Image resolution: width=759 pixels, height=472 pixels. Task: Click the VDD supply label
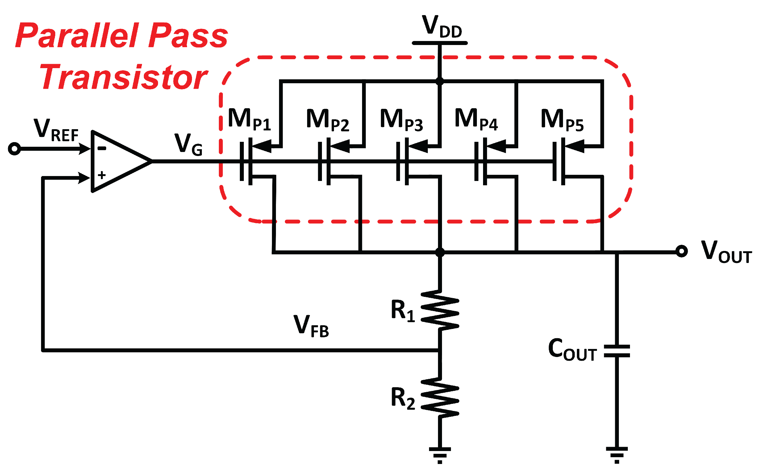click(x=441, y=27)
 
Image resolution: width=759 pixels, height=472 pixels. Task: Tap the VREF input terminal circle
click(x=15, y=149)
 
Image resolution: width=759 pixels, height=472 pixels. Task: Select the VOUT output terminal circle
click(x=682, y=251)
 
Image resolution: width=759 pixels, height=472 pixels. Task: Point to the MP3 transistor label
click(x=401, y=120)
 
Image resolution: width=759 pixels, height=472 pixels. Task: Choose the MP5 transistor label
click(x=562, y=120)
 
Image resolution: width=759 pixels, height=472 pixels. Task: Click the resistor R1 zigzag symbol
click(x=440, y=310)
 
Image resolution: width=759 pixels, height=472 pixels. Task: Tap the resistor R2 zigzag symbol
click(x=440, y=397)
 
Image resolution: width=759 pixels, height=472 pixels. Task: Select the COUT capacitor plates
click(x=617, y=351)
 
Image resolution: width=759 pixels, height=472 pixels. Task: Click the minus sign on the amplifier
click(x=102, y=149)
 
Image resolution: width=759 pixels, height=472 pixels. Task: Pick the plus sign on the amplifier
click(x=102, y=175)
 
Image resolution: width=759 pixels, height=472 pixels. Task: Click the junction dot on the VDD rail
click(x=440, y=81)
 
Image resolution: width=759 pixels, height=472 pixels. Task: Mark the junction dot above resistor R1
click(x=440, y=252)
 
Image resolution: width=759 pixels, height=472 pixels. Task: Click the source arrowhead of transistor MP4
click(x=496, y=146)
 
